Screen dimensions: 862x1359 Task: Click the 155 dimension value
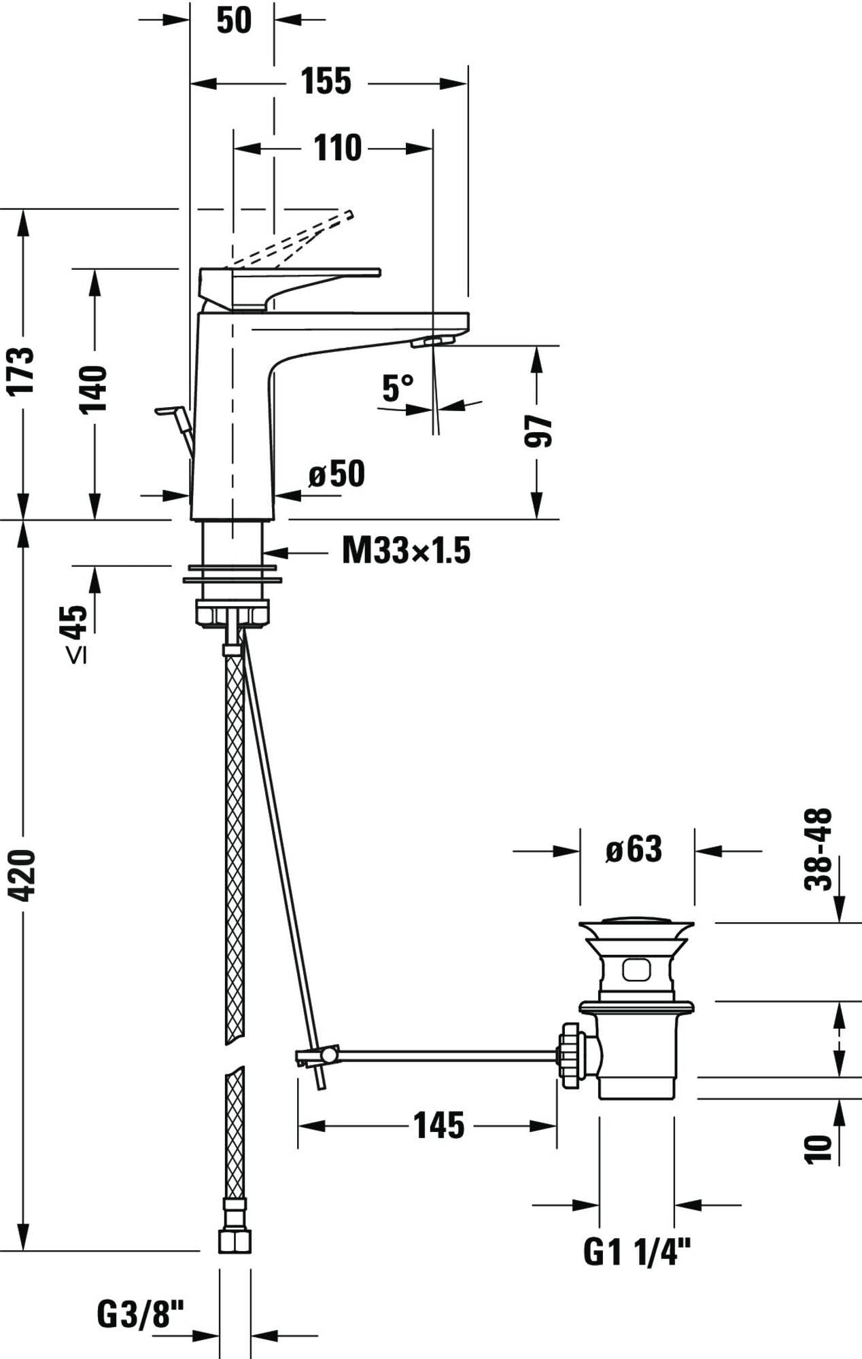(326, 81)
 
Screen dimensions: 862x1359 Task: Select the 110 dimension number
(337, 147)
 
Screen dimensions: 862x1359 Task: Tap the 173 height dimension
(22, 370)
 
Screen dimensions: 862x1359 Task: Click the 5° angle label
(398, 388)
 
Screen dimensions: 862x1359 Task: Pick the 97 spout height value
(538, 431)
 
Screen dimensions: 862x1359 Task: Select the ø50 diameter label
(337, 474)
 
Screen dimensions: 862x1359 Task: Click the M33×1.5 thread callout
(406, 550)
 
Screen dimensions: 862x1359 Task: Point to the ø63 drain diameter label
(634, 849)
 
